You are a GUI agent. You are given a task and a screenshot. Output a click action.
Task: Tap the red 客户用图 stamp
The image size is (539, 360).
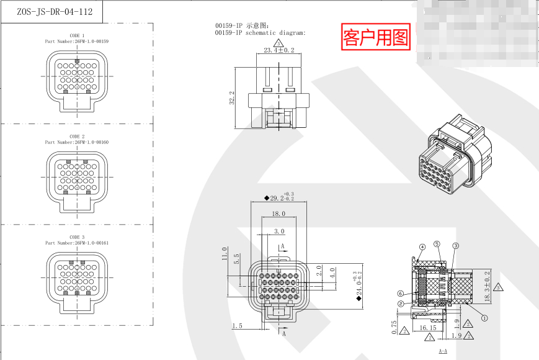[376, 38]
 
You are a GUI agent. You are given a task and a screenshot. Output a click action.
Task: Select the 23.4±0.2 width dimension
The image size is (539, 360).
[278, 50]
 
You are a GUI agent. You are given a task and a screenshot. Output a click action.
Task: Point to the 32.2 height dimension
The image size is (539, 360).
[232, 97]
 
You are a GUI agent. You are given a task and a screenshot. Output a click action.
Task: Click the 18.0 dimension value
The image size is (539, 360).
[278, 214]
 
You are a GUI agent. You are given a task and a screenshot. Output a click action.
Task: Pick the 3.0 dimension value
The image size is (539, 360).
[278, 231]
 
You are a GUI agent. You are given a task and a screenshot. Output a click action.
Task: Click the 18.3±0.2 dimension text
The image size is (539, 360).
[487, 286]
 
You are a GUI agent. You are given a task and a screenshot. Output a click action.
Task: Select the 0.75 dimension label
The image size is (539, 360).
[394, 326]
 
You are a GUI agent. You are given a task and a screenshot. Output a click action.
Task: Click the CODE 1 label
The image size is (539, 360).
[77, 36]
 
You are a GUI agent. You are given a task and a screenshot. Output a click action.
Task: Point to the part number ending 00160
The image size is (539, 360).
[77, 142]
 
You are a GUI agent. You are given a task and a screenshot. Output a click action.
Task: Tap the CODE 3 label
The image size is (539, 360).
[77, 237]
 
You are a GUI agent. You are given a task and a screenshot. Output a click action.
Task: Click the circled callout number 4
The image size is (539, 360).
[422, 248]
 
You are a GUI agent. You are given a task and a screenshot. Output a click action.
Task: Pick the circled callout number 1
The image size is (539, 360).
[484, 316]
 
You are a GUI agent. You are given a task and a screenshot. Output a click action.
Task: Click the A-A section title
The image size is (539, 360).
[443, 351]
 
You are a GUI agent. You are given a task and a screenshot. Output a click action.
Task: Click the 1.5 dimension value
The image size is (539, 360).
[236, 326]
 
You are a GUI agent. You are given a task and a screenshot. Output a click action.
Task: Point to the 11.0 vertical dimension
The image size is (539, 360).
[225, 254]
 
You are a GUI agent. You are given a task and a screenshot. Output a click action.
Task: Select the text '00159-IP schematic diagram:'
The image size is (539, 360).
[261, 33]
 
